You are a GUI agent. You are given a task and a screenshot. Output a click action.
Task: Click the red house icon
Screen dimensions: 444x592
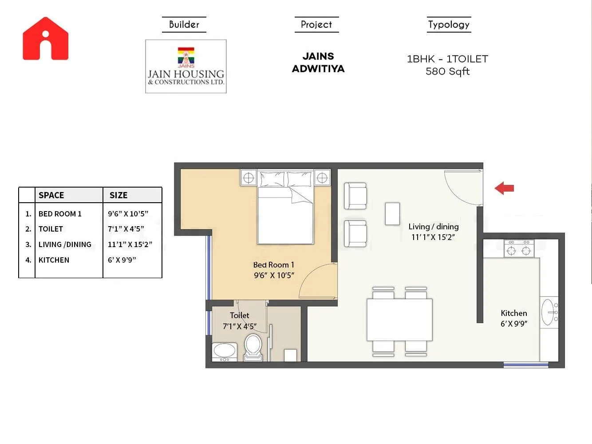pos(46,39)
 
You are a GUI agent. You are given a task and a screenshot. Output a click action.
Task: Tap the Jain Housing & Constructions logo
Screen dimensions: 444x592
pos(186,66)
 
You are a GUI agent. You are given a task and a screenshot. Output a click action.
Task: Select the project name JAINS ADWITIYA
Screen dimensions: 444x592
pos(318,63)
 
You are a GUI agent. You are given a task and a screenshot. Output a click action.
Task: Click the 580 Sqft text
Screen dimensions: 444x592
pos(447,72)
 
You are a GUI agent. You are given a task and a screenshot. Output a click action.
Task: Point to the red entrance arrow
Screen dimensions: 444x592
pos(505,188)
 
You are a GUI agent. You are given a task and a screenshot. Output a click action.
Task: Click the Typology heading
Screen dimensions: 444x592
pos(449,24)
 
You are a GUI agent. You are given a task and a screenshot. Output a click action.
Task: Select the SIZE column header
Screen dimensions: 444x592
pos(118,195)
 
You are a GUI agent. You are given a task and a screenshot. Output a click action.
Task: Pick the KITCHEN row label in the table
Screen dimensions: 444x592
pos(54,260)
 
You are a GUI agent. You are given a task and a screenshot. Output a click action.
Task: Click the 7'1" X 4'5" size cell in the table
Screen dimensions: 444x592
pos(126,229)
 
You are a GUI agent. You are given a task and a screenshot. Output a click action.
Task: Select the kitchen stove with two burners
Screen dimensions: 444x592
pos(519,249)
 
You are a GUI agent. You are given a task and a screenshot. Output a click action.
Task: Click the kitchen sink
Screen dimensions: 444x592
pos(548,312)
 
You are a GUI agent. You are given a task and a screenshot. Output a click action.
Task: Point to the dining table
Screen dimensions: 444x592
pos(399,320)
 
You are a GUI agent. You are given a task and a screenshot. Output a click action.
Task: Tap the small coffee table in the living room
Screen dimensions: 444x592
pos(392,214)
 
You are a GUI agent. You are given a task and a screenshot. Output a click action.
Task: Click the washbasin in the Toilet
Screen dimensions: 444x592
pos(225,352)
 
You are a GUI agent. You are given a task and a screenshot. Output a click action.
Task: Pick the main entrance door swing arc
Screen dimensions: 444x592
pos(462,189)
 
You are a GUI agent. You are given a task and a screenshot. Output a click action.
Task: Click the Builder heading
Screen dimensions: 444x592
pos(184,24)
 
